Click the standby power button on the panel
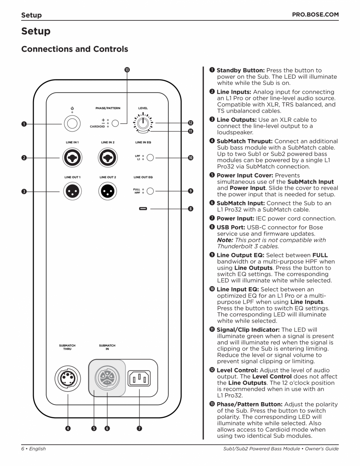pyautogui.click(x=72, y=124)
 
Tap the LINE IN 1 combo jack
pyautogui.click(x=72, y=157)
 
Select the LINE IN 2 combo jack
pyautogui.click(x=107, y=157)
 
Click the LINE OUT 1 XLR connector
pyautogui.click(x=72, y=191)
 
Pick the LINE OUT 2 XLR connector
pyautogui.click(x=107, y=191)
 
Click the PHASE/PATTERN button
pyautogui.click(x=115, y=123)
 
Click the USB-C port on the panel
pyautogui.click(x=143, y=209)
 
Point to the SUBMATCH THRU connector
pyautogui.click(x=68, y=378)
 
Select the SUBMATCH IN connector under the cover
pyautogui.click(x=107, y=378)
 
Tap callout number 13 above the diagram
pyautogui.click(x=127, y=70)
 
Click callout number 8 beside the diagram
pyautogui.click(x=190, y=209)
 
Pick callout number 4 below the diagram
pyautogui.click(x=68, y=428)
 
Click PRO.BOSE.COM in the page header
pyautogui.click(x=315, y=15)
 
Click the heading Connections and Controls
pyautogui.click(x=74, y=49)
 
